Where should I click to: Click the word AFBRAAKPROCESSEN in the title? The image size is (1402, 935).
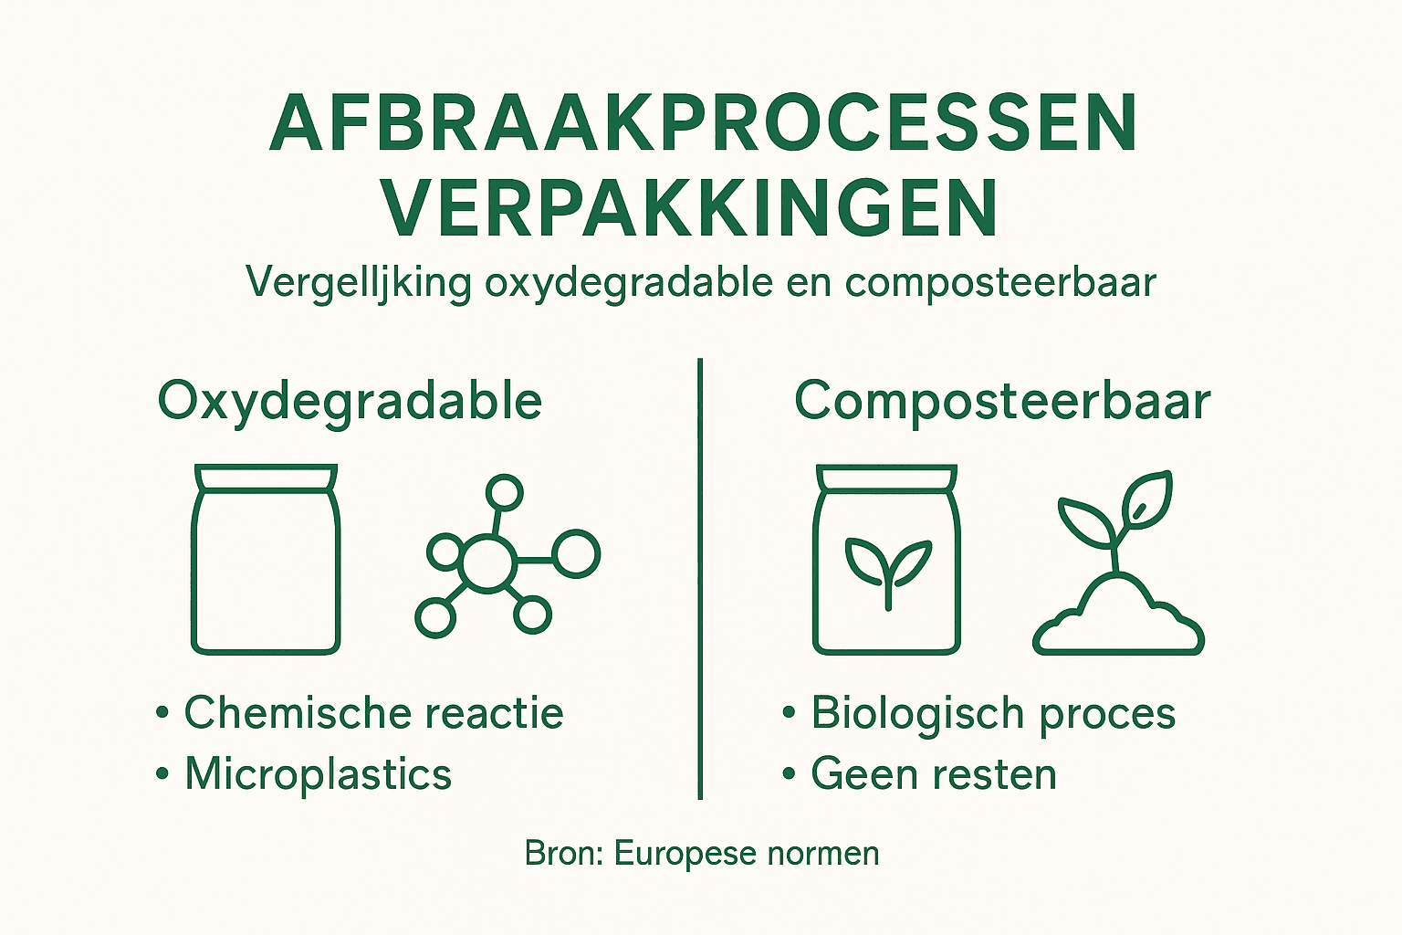point(703,124)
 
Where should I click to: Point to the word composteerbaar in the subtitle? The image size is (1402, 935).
point(1000,282)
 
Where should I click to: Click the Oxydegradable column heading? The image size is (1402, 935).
point(350,401)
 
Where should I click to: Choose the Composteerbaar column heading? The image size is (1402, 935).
point(1002,401)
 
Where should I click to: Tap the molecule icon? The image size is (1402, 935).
point(506,557)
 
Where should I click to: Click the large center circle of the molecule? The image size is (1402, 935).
point(487,561)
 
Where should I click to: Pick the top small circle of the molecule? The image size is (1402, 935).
point(503,493)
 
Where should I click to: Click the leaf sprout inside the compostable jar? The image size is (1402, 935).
point(888,571)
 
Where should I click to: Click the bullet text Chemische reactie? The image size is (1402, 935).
point(373,713)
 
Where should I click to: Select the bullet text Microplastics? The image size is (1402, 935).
point(318,774)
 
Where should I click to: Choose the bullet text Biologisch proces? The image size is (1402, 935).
point(993,713)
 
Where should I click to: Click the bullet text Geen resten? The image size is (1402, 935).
point(934,774)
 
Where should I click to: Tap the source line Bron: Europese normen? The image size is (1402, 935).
point(702,854)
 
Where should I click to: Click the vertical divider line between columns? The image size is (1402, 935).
point(700,575)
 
